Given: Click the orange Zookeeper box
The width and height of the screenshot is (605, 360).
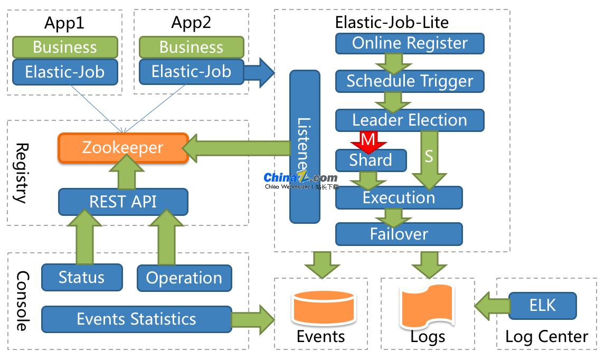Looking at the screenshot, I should (122, 147).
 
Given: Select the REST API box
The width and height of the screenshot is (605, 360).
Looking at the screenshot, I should (122, 202).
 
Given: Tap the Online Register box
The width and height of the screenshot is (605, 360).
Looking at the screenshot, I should (410, 43).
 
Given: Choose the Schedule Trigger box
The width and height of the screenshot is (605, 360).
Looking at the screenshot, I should (410, 81).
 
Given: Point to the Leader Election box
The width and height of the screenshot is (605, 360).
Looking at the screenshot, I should (410, 120).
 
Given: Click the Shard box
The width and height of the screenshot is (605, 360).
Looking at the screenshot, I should (371, 160).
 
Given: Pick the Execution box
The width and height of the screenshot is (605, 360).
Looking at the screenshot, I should (399, 198).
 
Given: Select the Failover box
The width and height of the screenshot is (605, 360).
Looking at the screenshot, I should (399, 234).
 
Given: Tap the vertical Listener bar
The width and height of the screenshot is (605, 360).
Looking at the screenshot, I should (305, 146).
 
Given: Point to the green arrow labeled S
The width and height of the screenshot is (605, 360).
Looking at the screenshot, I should (428, 158).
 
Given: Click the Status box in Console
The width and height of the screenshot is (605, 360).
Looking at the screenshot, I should (82, 277).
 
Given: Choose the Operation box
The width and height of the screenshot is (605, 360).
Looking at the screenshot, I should (184, 278).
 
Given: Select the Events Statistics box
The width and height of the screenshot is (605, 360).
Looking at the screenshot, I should (136, 319).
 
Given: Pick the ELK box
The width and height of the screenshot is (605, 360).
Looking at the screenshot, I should (542, 306).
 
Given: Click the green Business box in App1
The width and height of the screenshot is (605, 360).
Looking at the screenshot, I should (64, 47).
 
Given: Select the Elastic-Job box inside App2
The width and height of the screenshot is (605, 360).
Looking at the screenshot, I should (191, 71).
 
